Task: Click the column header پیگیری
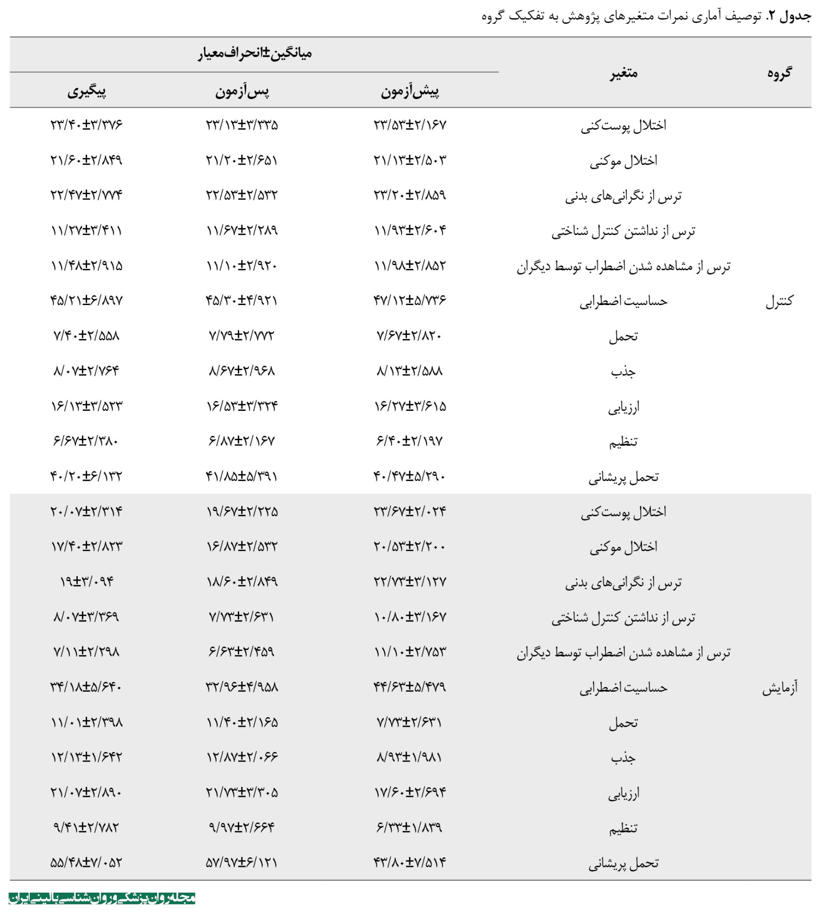(87, 92)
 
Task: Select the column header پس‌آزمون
(242, 92)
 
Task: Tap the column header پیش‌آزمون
(410, 92)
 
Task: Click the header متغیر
(623, 73)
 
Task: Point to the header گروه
(779, 73)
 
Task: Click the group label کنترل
(779, 301)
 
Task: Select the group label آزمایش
(779, 687)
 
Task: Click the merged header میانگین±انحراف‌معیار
(255, 54)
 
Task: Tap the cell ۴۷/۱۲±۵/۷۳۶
(410, 300)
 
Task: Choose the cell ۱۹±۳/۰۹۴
(87, 582)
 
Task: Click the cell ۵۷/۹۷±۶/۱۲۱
(242, 863)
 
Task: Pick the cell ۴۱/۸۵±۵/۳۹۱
(242, 476)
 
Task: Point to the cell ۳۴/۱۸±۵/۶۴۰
(87, 687)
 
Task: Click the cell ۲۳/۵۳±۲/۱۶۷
(410, 125)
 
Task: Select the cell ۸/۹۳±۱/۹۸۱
(410, 757)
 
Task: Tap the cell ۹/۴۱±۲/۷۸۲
(87, 828)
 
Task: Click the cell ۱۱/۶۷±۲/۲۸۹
(242, 230)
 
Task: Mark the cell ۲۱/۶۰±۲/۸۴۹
(87, 160)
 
